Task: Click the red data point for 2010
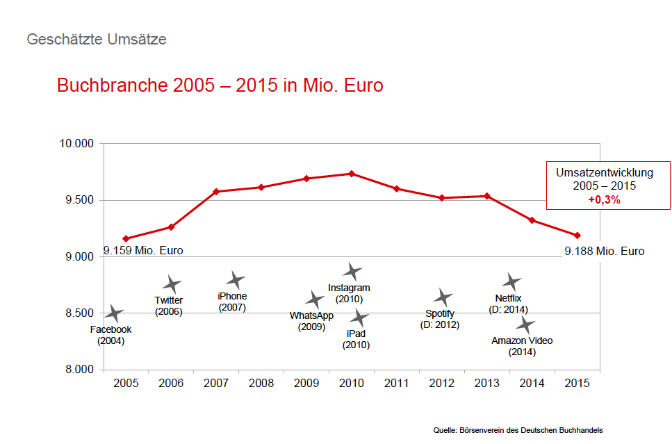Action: coord(352,174)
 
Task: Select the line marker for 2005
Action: coord(126,239)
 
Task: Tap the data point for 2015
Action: coord(577,236)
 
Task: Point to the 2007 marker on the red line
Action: coord(216,192)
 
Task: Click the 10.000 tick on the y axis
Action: coord(74,144)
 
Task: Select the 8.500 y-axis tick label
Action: coord(74,313)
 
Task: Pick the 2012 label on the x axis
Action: coord(441,383)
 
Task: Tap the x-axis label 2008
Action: coord(261,383)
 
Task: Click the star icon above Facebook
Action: coord(114,314)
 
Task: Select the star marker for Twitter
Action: coord(172,284)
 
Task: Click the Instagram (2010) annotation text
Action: coord(349,293)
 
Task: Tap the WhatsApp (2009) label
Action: coord(311,321)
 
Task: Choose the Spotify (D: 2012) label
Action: coord(440,319)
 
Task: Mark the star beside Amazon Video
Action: coord(526,325)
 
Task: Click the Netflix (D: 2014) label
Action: coord(508,304)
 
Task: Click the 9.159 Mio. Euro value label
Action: coord(144,251)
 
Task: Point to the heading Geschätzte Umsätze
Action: coord(97,39)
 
